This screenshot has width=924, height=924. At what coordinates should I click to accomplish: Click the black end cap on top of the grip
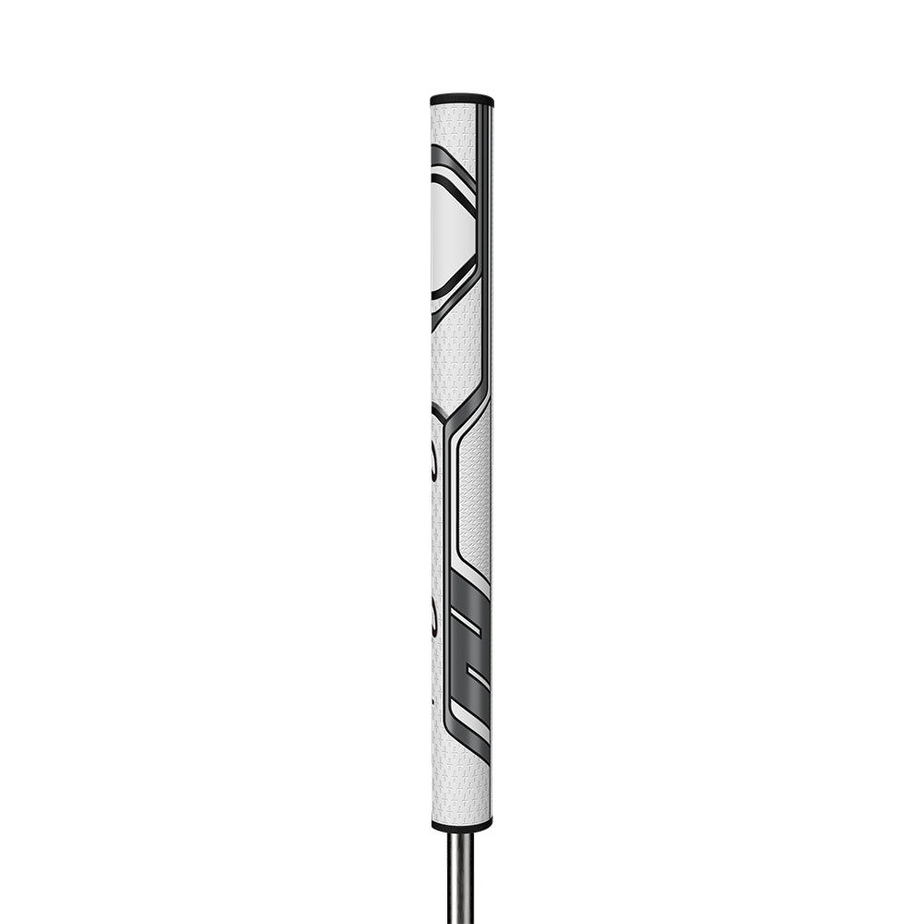tap(461, 98)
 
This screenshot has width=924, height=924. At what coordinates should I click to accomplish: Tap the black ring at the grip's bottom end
tap(461, 824)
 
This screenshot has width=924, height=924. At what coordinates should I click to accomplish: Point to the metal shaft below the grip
tap(460, 878)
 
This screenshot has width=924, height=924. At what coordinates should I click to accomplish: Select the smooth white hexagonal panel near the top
tap(452, 226)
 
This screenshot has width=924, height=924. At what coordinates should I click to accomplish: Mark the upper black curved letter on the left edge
tap(436, 462)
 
